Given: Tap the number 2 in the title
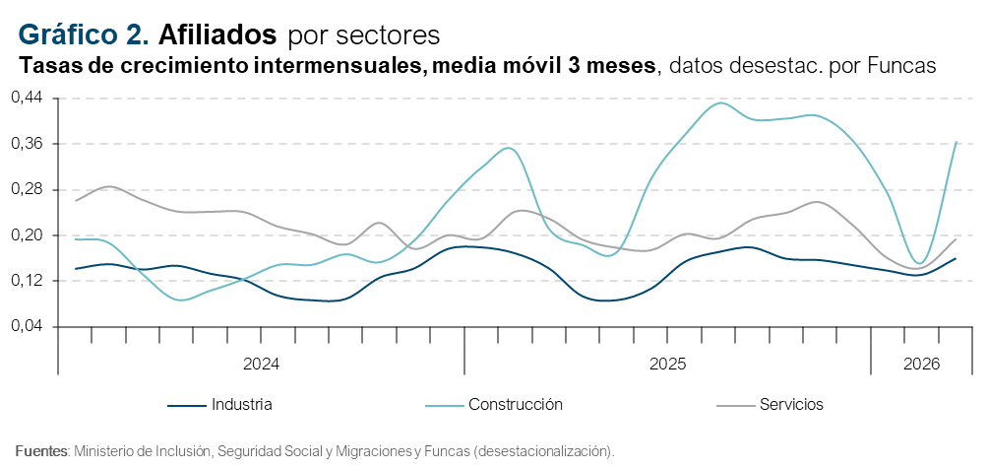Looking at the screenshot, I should (x=136, y=34).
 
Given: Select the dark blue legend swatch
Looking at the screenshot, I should (x=186, y=405).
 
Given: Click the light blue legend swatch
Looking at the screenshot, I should (x=444, y=405).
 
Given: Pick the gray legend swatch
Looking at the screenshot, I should (x=735, y=405).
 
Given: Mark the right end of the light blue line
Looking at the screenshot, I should (x=956, y=143).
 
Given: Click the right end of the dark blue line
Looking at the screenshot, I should (x=956, y=258).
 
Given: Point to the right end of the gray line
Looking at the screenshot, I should (x=956, y=239).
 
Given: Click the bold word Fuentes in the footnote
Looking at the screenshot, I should (x=40, y=451).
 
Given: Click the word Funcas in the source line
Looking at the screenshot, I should (x=446, y=451).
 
